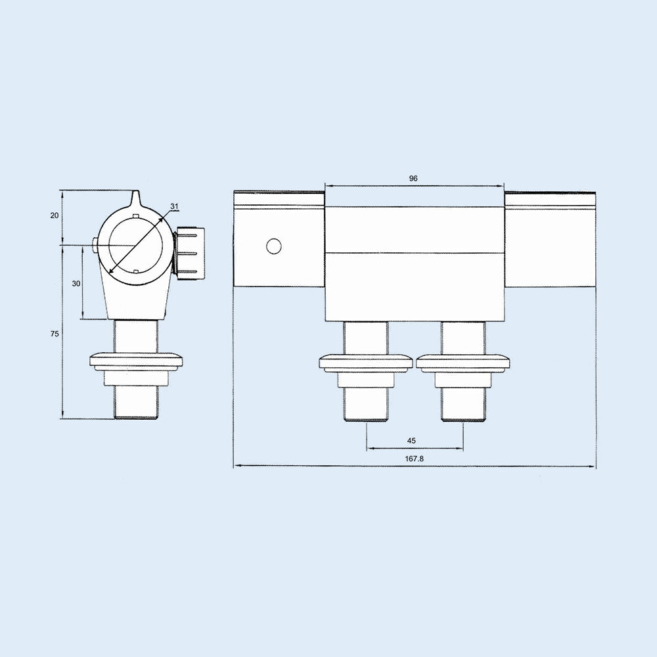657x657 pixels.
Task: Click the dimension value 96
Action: point(413,178)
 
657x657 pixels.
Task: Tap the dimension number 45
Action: point(411,441)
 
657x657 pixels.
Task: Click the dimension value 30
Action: point(76,283)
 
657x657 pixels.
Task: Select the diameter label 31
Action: point(174,206)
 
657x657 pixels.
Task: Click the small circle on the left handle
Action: point(274,246)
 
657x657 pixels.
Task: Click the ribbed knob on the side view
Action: point(190,252)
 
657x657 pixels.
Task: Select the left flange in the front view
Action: point(366,362)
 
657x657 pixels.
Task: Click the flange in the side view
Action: point(137,361)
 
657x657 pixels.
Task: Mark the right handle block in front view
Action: point(550,240)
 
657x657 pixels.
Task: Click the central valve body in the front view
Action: point(415,263)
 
